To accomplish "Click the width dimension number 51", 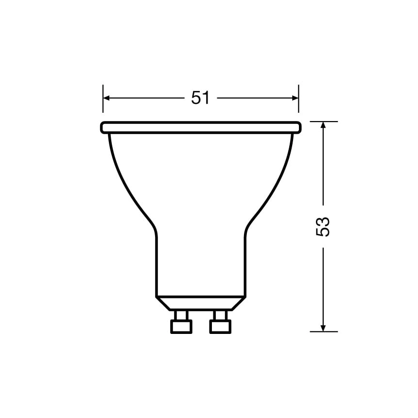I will coord(200,98).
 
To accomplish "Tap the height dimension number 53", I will coord(323,226).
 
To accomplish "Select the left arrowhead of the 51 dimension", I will coord(106,98).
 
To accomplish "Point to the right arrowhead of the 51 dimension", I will coord(295,98).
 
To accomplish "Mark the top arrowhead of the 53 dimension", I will coord(323,125).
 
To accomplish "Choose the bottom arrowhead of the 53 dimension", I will coord(323,328).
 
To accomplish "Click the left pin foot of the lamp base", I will coord(181,326).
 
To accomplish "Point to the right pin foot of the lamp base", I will coord(220,326).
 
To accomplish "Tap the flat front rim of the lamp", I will coord(201,127).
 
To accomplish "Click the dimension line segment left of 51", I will coord(146,98).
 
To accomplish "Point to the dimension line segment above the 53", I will coord(323,165).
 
